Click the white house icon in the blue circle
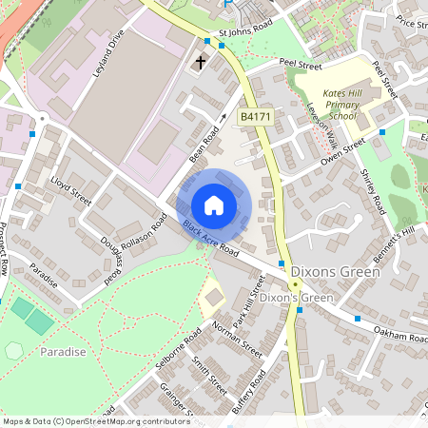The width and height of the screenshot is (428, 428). pyautogui.click(x=214, y=205)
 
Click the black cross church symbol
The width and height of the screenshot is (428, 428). pyautogui.click(x=201, y=63)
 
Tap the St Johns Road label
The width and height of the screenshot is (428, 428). pyautogui.click(x=245, y=31)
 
